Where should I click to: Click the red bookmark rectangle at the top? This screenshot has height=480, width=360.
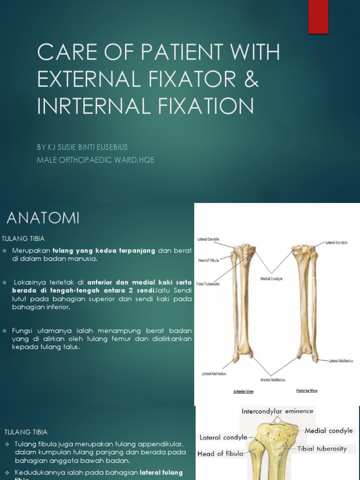click(x=318, y=16)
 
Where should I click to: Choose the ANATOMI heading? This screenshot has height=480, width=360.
click(x=43, y=218)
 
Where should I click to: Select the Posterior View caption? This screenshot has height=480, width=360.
click(x=307, y=390)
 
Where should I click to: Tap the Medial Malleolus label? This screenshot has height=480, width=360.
click(x=272, y=380)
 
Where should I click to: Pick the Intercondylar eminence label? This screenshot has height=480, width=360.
click(x=277, y=411)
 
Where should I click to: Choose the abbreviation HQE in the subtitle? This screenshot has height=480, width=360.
click(x=145, y=160)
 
